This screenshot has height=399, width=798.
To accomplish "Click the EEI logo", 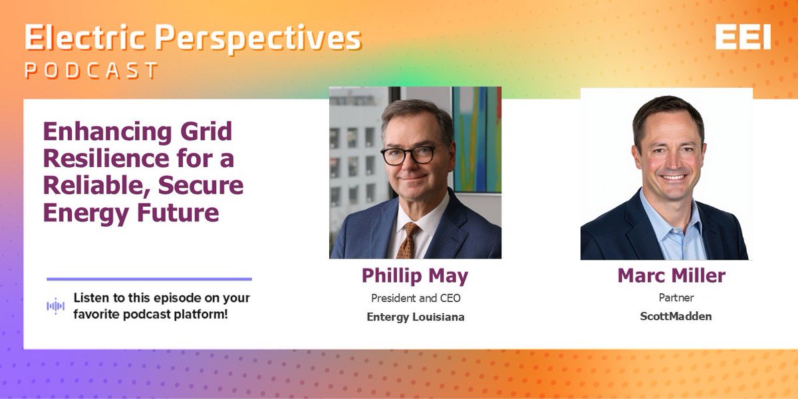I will click(x=743, y=39).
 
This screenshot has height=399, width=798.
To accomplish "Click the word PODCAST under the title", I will click(x=92, y=70).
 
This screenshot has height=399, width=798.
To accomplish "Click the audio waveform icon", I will click(x=55, y=306).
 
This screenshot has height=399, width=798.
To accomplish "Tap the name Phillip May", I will click(x=415, y=275).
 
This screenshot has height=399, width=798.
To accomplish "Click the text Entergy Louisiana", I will click(x=415, y=317).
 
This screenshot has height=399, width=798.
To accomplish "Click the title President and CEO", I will click(x=415, y=297).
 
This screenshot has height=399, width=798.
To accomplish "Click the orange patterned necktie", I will click(x=408, y=241).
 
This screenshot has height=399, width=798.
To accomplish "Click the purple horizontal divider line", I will click(x=149, y=279).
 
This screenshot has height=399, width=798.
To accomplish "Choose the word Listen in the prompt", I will click(x=90, y=298).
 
